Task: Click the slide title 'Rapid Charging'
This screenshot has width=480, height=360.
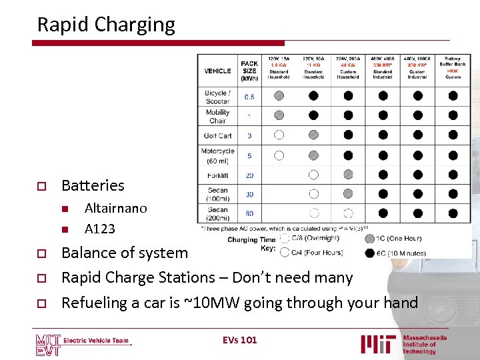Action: point(106,25)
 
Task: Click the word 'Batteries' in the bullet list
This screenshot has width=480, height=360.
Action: point(93,185)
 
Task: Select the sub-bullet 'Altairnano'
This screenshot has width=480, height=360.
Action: point(115,208)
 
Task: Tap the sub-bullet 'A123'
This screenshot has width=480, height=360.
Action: point(99,229)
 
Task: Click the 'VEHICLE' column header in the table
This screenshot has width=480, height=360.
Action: point(217,71)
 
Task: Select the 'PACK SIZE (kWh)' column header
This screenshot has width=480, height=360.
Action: point(249,71)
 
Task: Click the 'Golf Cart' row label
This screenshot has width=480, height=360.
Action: point(217,135)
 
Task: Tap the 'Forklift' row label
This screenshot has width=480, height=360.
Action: point(217,175)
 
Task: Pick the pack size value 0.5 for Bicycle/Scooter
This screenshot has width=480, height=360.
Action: point(249,97)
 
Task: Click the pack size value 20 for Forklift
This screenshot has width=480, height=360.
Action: point(249,175)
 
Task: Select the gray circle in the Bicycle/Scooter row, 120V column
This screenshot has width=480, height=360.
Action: point(279,95)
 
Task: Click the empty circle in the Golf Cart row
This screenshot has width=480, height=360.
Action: point(279,135)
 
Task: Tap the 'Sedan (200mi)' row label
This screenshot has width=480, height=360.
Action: point(217,214)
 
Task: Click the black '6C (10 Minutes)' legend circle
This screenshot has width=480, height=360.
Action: point(369,253)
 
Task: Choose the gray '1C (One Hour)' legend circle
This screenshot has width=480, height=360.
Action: point(369,239)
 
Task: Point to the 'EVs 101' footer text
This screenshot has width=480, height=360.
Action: point(239,340)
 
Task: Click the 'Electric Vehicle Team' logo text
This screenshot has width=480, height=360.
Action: point(96,341)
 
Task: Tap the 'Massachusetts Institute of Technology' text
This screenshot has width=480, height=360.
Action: point(425,344)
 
